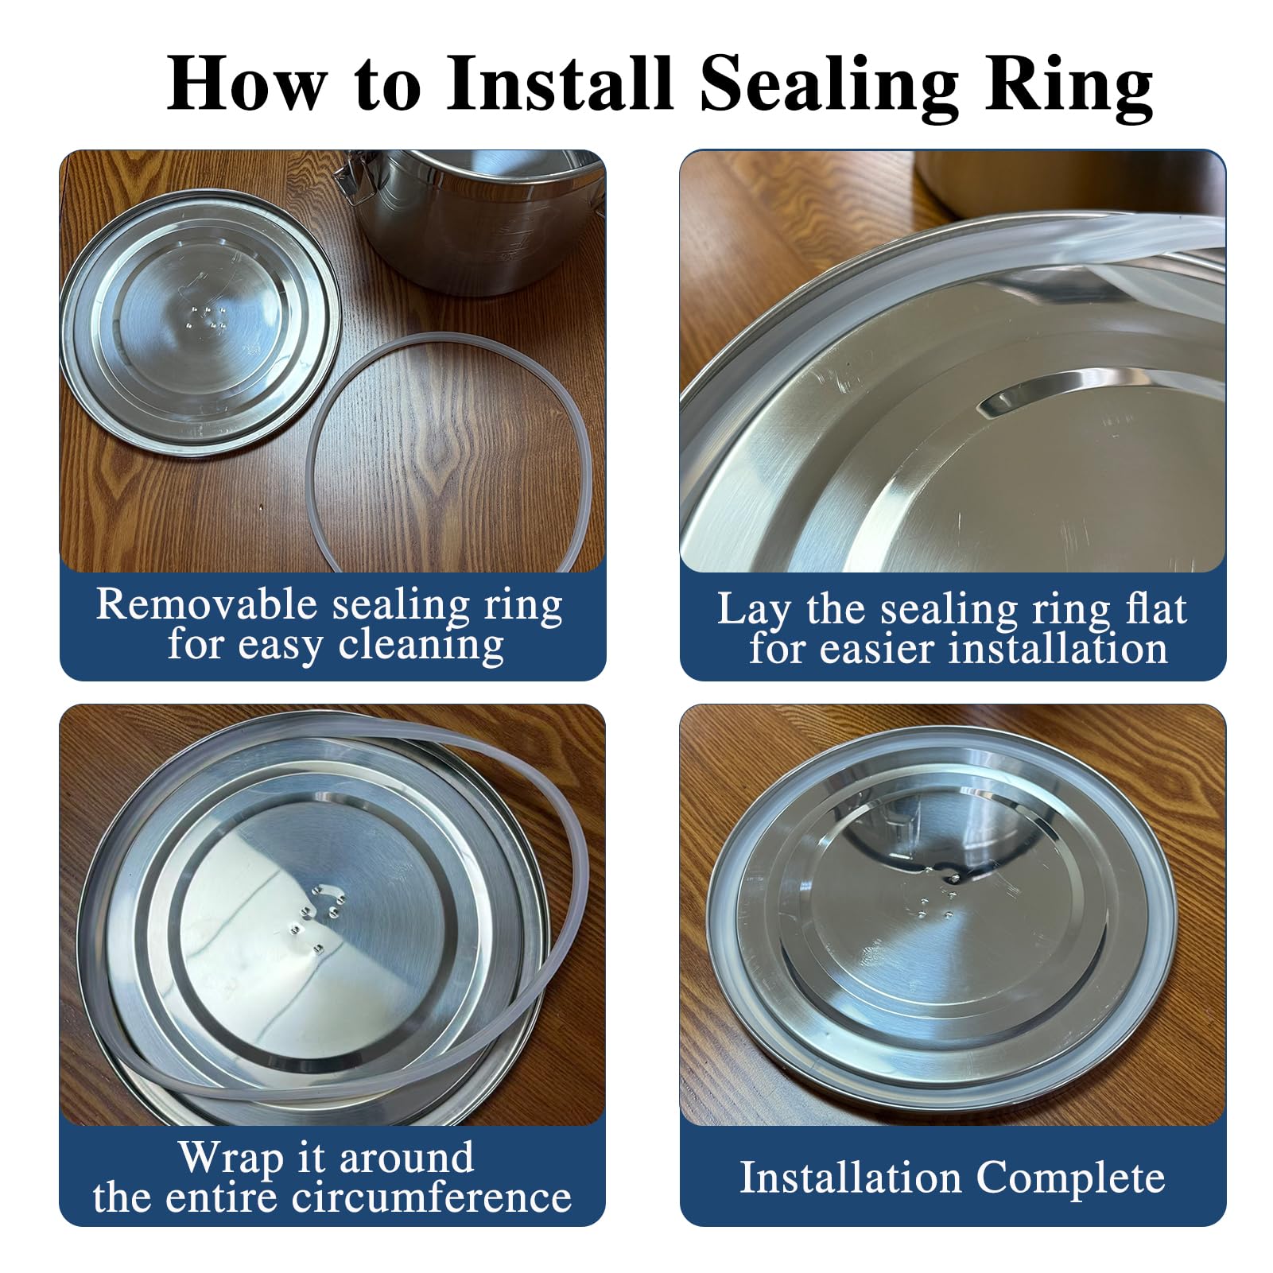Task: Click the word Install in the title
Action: [561, 83]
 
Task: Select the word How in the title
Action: [247, 83]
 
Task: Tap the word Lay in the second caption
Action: [754, 611]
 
